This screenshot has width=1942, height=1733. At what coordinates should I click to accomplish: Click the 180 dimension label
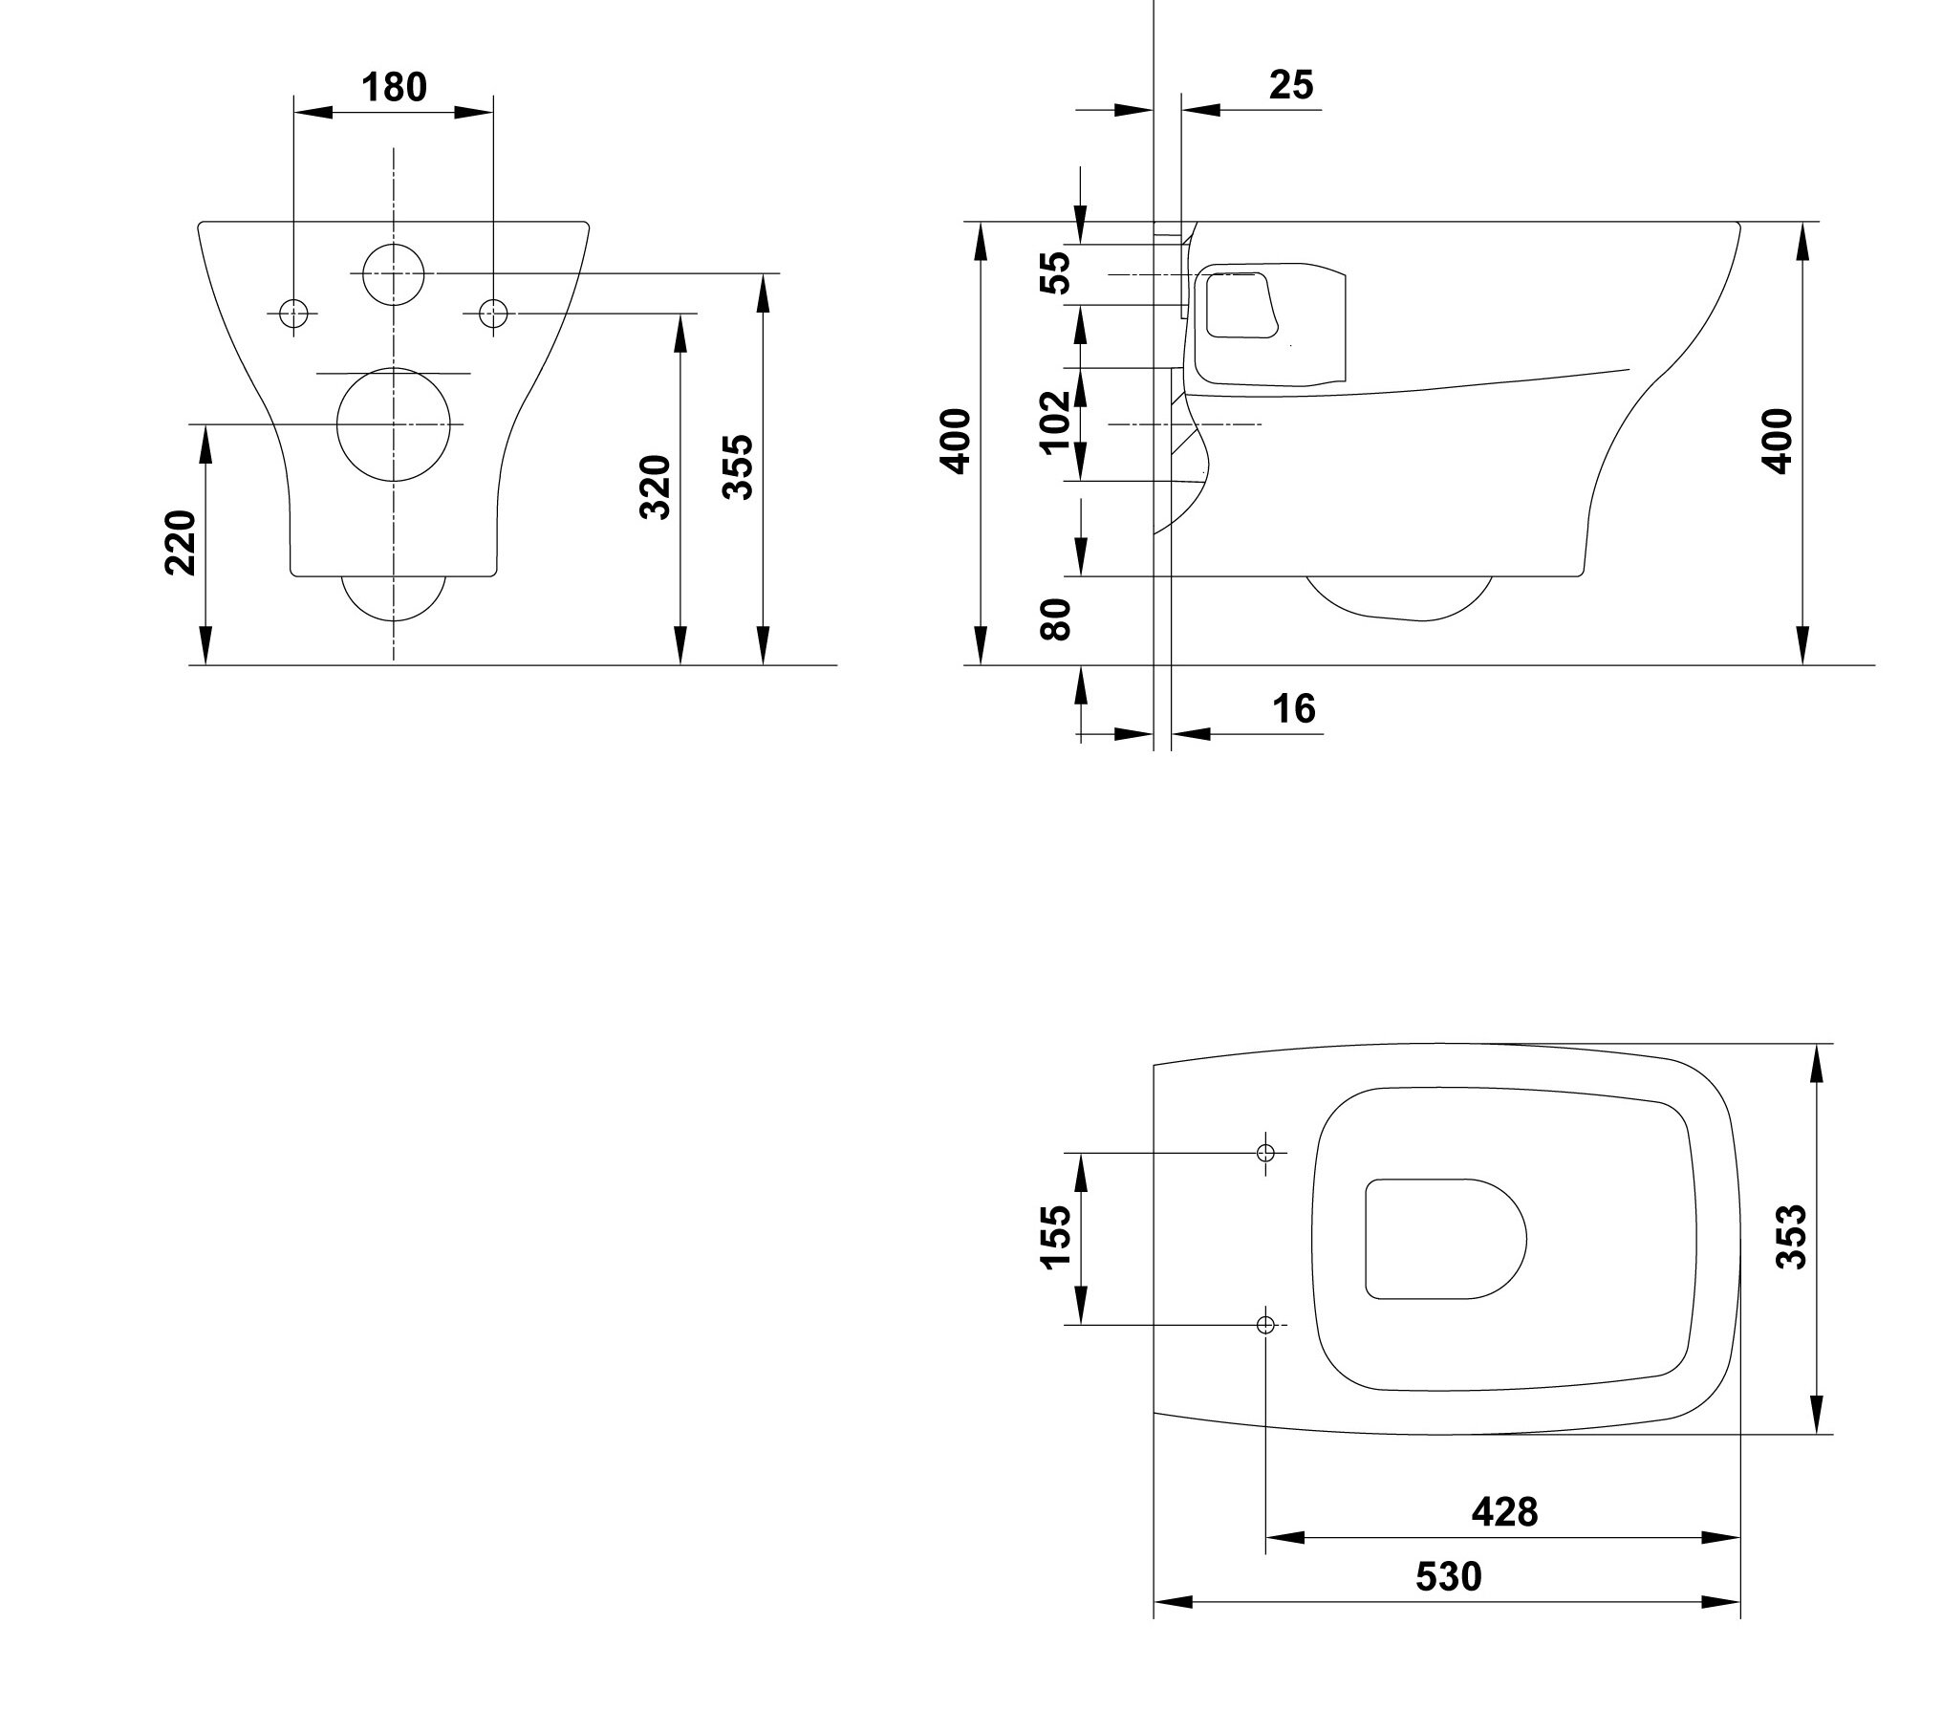tap(394, 87)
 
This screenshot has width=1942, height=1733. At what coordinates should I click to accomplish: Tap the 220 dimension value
tap(181, 542)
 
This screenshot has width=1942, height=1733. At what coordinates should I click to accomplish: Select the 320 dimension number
tap(656, 487)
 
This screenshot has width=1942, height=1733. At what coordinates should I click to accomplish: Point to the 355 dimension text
tap(738, 466)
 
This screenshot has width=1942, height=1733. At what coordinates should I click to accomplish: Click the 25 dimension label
tap(1291, 85)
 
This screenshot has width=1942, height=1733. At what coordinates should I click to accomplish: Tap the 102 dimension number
tap(1055, 422)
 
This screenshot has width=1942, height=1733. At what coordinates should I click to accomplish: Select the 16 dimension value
tap(1294, 708)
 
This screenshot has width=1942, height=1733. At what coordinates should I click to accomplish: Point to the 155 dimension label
tap(1055, 1237)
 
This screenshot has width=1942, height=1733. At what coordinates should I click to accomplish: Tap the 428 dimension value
tap(1504, 1511)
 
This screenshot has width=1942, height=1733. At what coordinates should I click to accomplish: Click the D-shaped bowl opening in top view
tap(1367, 1239)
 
